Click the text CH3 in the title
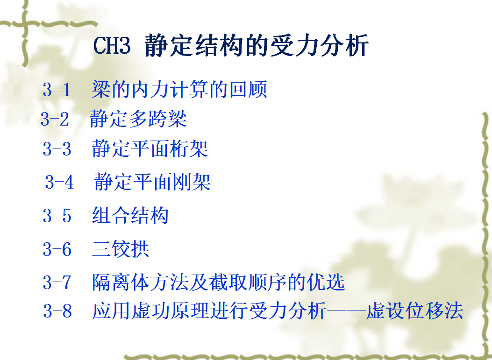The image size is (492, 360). [x=112, y=45]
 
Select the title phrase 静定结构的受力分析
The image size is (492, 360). [x=257, y=45]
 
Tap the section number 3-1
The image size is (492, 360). [x=57, y=90]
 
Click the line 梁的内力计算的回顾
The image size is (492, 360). [x=179, y=89]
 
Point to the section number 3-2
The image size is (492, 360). [x=55, y=120]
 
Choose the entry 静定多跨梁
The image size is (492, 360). [x=138, y=119]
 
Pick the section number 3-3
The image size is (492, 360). [x=57, y=148]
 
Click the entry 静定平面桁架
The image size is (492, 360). [x=150, y=148]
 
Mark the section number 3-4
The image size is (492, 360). [x=59, y=182]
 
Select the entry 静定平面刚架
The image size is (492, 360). [x=152, y=182]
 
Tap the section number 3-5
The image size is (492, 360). [x=57, y=216]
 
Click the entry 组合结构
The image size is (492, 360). [x=130, y=215]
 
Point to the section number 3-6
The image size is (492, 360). [x=57, y=250]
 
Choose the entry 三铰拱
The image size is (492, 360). [x=121, y=249]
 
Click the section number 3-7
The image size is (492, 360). [x=57, y=282]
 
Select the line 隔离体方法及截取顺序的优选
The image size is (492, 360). [x=218, y=282]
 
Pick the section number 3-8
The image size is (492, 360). [x=57, y=311]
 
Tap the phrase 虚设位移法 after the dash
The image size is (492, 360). [x=414, y=311]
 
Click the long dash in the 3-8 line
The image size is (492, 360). [x=346, y=311]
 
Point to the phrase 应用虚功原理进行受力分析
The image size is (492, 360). [x=209, y=311]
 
